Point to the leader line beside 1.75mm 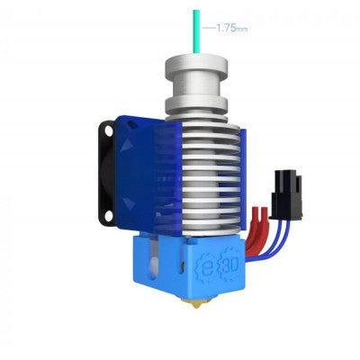[208, 29]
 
